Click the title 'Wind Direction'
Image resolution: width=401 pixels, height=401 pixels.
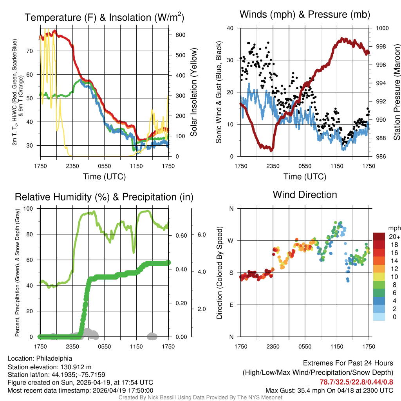(x=305, y=195)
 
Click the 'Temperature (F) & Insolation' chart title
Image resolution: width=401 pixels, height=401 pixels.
(x=104, y=18)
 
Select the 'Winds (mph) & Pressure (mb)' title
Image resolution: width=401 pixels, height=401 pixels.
(x=305, y=15)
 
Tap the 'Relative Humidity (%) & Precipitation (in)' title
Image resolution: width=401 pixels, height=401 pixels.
(x=104, y=197)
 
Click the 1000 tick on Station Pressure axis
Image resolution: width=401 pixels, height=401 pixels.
(x=382, y=28)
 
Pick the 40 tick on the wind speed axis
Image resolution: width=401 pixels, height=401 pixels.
(x=230, y=28)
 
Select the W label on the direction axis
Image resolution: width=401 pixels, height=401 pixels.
(x=231, y=240)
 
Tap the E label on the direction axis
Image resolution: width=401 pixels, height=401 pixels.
(x=231, y=305)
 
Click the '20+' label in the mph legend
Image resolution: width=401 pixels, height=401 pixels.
(x=394, y=237)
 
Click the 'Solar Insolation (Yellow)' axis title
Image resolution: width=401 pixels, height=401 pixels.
(x=194, y=92)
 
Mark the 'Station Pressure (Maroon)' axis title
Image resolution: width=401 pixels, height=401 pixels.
(x=397, y=92)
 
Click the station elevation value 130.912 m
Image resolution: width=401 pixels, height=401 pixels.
(x=76, y=367)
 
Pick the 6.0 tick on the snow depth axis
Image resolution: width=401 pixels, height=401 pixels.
(x=202, y=234)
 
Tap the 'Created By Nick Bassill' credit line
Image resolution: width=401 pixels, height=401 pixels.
(x=200, y=397)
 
